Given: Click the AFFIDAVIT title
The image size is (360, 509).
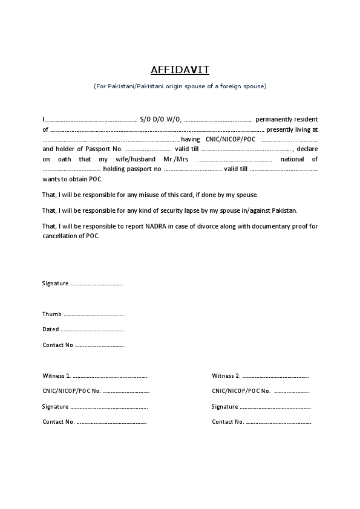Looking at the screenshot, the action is [180, 70].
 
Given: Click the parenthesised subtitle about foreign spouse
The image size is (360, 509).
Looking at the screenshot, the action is [180, 86].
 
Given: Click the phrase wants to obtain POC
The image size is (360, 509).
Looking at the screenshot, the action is [73, 180].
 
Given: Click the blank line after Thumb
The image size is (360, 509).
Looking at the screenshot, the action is [94, 315].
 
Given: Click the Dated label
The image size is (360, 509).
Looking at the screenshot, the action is [50, 329].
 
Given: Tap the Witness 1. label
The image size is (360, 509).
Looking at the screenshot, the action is [56, 376].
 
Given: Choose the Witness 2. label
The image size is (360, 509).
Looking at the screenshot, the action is [226, 376].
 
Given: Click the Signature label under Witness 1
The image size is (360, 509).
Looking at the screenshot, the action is [55, 407].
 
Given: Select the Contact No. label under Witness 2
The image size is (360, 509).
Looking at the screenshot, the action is [227, 421].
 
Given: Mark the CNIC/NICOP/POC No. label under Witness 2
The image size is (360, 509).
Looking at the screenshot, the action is [241, 391].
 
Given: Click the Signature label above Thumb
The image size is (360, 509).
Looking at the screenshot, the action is [55, 284].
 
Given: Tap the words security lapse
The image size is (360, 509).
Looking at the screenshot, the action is [177, 210].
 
